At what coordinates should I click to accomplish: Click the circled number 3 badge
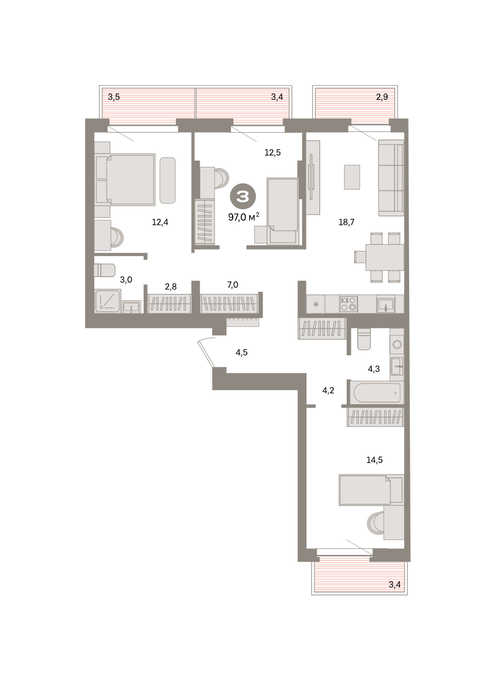point(243,196)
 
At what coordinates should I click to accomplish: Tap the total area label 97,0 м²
point(243,217)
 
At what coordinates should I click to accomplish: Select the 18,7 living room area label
point(346,222)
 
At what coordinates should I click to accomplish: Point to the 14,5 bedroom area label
point(375,460)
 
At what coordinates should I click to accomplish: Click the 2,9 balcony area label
point(382,97)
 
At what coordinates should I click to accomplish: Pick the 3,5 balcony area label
point(114,97)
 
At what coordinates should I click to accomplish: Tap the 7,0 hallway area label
point(233,285)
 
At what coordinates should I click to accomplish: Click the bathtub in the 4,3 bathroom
point(377,393)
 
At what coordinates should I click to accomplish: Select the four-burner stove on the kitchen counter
point(348,304)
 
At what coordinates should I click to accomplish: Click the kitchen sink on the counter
point(385,305)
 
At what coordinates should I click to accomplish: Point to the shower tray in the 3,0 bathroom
point(108,301)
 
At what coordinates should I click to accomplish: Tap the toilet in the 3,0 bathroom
point(104,270)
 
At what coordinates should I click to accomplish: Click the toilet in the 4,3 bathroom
point(364,339)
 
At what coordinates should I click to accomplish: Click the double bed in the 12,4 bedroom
point(125,179)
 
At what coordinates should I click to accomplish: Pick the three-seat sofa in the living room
point(391,178)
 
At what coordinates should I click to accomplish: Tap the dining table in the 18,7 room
point(384,257)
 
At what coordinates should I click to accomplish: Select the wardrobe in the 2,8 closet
point(169,304)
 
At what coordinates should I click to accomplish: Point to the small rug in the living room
point(352,177)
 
